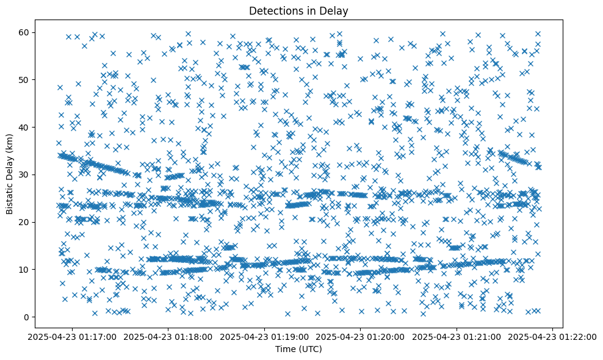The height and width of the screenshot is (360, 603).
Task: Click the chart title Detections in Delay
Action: click(x=298, y=10)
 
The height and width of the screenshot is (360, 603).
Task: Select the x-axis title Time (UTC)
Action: click(x=298, y=349)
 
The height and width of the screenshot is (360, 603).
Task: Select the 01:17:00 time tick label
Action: click(x=73, y=336)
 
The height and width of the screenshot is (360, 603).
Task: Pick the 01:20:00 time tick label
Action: click(x=361, y=336)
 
